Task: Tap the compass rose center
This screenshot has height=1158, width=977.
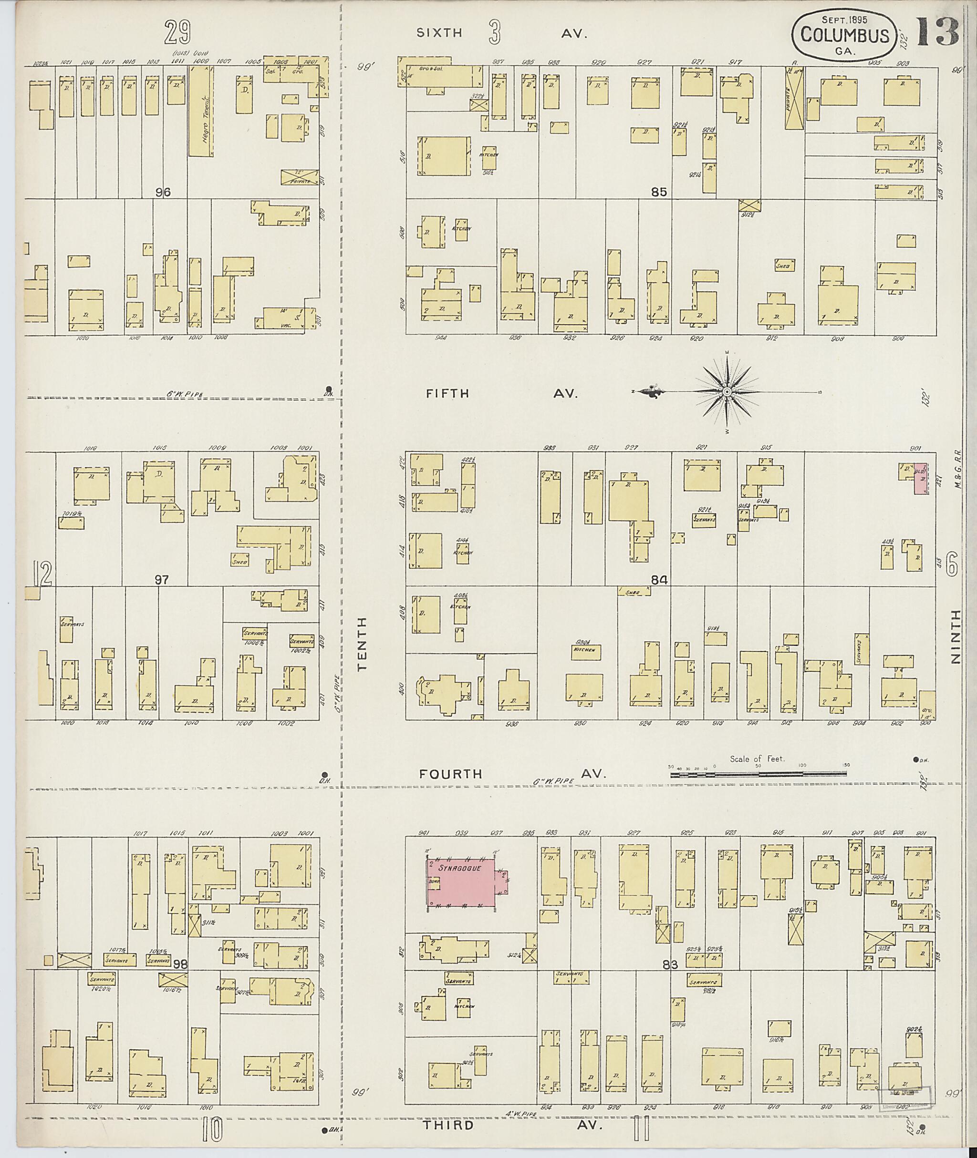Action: [726, 392]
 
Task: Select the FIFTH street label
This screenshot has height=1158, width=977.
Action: [447, 394]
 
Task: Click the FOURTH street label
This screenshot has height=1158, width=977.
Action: [451, 774]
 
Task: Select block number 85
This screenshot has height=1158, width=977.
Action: [659, 193]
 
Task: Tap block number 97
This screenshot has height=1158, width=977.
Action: [161, 580]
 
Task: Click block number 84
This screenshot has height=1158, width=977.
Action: [659, 580]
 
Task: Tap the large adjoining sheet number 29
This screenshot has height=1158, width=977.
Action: [178, 33]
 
